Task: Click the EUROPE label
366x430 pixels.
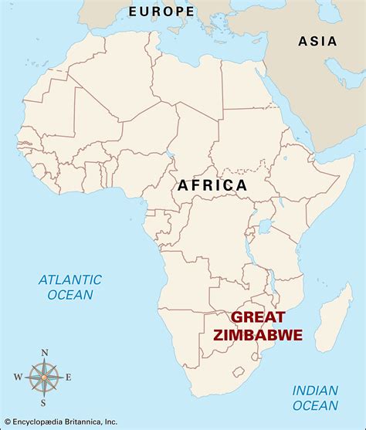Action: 161,11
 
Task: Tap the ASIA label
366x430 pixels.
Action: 317,42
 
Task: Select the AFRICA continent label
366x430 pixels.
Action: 212,185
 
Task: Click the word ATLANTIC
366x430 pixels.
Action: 69,279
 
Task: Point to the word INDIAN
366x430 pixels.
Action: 315,391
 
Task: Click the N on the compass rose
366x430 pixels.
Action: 44,354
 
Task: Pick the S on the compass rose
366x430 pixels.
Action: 44,401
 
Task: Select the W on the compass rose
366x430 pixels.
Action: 18,378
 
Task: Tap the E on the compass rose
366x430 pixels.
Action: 69,378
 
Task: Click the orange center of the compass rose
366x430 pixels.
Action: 44,378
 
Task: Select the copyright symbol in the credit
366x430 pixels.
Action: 7,423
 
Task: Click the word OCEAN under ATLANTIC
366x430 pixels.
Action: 69,294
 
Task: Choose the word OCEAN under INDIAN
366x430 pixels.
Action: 315,406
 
